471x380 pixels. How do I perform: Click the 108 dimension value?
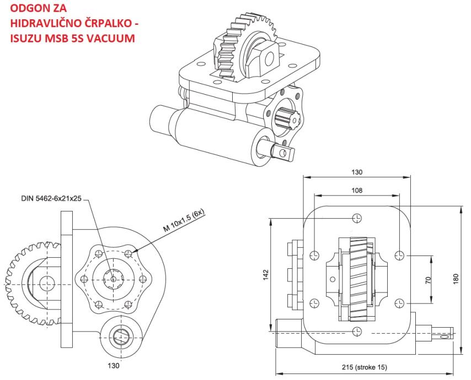[x=357, y=191]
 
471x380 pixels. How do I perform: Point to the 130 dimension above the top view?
[x=357, y=172]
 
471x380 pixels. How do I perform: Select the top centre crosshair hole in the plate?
[x=357, y=218]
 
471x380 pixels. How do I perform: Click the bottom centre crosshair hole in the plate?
[x=357, y=332]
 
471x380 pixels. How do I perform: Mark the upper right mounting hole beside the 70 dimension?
[x=401, y=254]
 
